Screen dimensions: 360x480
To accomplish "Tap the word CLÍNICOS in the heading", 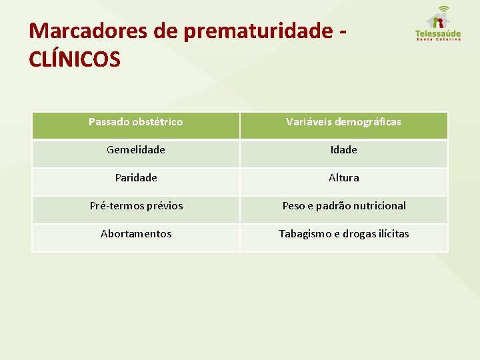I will click(x=75, y=59).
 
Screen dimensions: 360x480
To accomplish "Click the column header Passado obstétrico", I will click(x=136, y=122).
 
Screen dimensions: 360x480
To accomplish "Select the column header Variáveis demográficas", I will click(x=343, y=122).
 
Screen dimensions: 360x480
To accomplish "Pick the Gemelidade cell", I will click(x=136, y=150).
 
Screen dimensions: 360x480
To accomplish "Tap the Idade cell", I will click(x=343, y=150).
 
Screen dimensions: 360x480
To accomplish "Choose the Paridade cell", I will click(x=136, y=178).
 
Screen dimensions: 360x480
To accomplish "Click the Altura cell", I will click(x=343, y=178).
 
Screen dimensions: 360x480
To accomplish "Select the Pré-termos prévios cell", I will click(x=136, y=206).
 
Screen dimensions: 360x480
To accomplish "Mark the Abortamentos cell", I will click(x=136, y=234).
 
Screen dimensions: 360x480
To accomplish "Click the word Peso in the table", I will click(x=294, y=206).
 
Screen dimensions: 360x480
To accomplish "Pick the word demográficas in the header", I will click(x=371, y=122).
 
